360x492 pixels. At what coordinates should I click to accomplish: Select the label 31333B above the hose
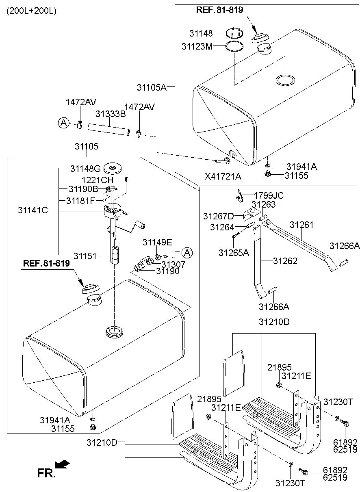(x=110, y=114)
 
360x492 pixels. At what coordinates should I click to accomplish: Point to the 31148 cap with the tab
(x=235, y=33)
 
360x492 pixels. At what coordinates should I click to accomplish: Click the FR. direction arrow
(x=62, y=464)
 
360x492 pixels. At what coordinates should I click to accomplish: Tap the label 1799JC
(x=269, y=196)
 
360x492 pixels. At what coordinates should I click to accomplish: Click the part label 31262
(x=285, y=261)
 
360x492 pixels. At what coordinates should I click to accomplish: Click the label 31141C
(x=33, y=210)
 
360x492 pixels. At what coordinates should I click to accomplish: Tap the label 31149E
(x=157, y=242)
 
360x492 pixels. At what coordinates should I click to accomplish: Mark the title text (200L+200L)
(x=31, y=11)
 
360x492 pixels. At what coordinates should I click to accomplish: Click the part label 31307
(x=173, y=264)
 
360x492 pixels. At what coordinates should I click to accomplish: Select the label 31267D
(x=219, y=216)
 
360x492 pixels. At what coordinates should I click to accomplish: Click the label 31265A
(x=234, y=253)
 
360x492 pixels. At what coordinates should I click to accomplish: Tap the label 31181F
(x=80, y=200)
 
